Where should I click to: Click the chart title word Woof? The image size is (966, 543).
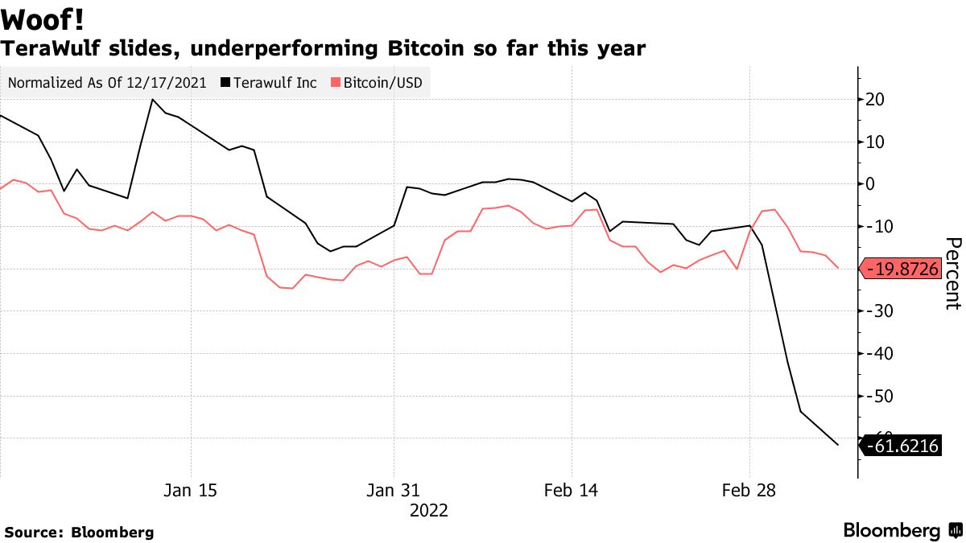(x=43, y=17)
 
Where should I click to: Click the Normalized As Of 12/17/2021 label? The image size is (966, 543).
(x=107, y=83)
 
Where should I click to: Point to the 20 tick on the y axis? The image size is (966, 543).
(x=874, y=100)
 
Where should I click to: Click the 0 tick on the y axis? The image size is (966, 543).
(x=869, y=184)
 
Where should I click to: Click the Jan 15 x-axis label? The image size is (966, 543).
(x=191, y=491)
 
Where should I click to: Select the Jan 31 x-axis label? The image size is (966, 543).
(x=394, y=491)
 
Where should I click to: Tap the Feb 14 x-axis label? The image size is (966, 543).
(x=571, y=491)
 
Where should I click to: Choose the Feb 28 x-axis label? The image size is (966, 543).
(x=749, y=491)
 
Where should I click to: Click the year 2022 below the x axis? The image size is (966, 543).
(x=428, y=511)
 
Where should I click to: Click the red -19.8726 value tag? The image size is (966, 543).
(x=901, y=269)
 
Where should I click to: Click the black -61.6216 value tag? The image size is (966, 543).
(x=901, y=446)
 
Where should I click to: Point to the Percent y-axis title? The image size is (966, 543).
(x=952, y=274)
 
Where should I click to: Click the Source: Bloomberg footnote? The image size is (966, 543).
(x=79, y=533)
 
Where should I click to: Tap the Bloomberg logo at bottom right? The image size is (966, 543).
(x=901, y=531)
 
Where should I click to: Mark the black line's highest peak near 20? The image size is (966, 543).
(x=152, y=100)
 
